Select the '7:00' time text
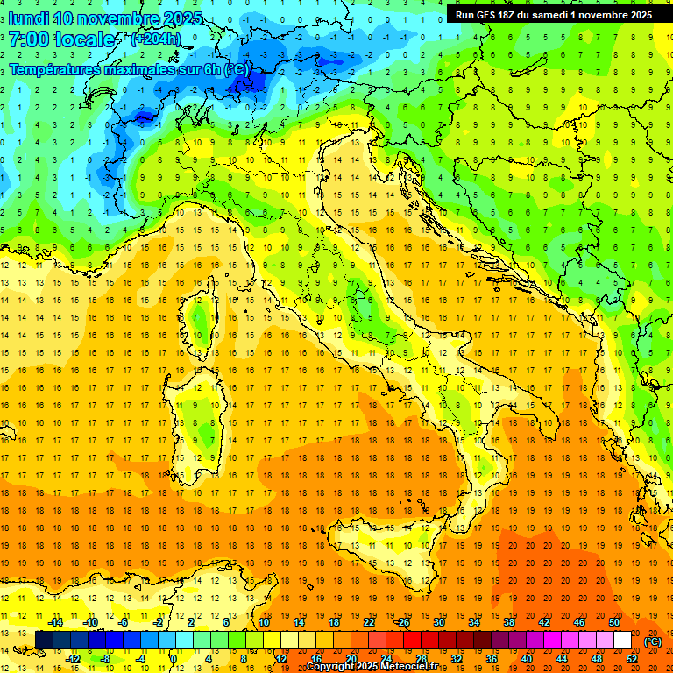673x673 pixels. point(27,39)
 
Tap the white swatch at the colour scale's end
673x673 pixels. point(622,640)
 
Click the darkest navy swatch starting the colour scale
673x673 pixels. point(44,640)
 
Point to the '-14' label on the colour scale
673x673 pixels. point(55,622)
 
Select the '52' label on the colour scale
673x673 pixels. point(632,658)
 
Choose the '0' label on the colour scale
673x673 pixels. point(174,658)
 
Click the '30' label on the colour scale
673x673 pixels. point(439,622)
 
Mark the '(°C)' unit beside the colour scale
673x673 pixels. point(652,641)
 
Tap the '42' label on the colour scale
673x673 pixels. point(544,622)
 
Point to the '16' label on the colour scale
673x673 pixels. point(315,658)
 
